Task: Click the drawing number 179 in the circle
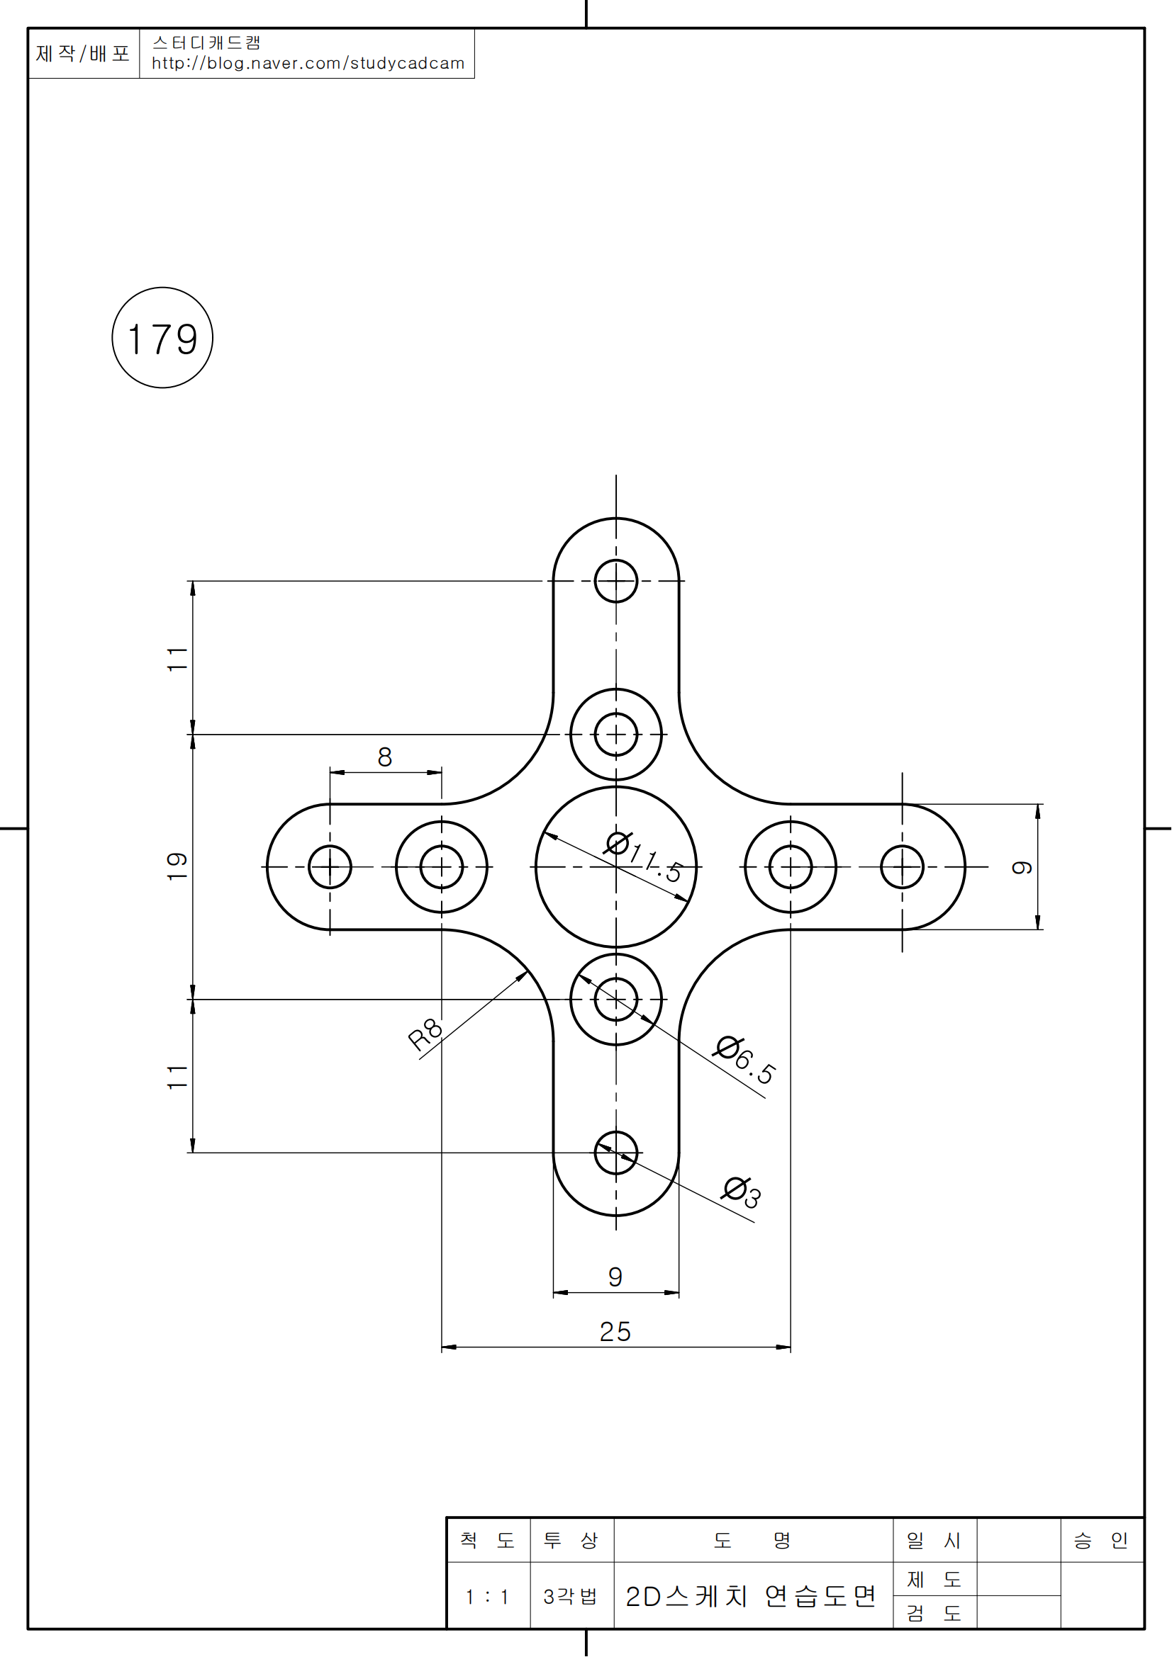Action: pos(162,339)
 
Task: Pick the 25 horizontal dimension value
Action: pos(615,1332)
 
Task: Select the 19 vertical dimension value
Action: pos(178,866)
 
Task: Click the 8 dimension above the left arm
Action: pos(385,757)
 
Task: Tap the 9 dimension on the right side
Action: pos(1022,866)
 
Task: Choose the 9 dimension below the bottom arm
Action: pos(615,1277)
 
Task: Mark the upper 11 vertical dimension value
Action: pos(178,660)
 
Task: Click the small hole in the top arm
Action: pos(616,581)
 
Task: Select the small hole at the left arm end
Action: pos(330,866)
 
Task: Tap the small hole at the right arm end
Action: pos(902,866)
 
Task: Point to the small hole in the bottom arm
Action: pos(616,1153)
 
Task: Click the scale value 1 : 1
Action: pos(488,1597)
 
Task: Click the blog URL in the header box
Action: pos(308,64)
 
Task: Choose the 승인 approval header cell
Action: pos(1101,1541)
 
